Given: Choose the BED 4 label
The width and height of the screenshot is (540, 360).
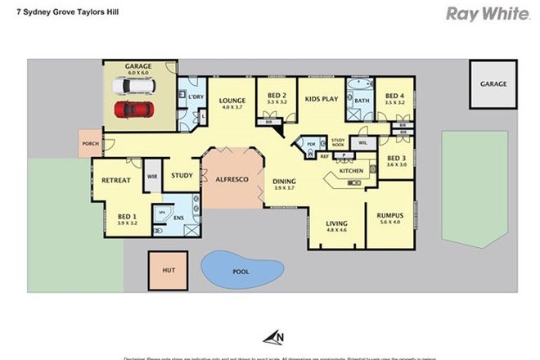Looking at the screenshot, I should pyautogui.click(x=396, y=94).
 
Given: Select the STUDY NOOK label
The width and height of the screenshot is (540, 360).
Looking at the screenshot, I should pyautogui.click(x=339, y=142).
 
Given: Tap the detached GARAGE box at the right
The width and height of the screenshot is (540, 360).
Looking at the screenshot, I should pyautogui.click(x=493, y=83).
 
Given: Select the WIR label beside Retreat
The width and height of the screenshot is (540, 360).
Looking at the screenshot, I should pyautogui.click(x=152, y=176).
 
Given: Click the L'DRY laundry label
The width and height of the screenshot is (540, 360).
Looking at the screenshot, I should pyautogui.click(x=196, y=97).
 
